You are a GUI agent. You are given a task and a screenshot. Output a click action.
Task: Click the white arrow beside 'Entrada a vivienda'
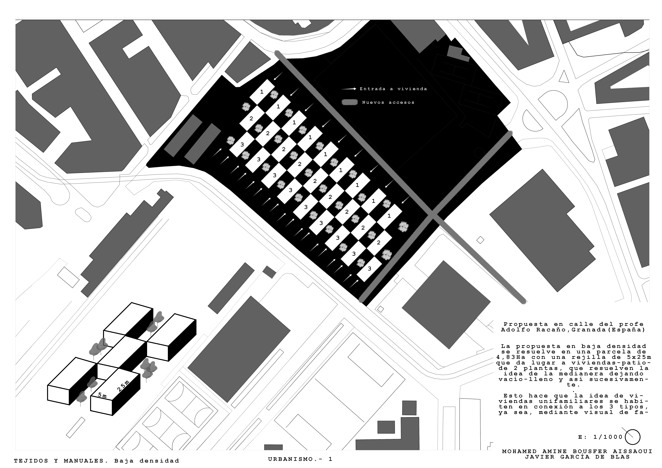[x=349, y=89]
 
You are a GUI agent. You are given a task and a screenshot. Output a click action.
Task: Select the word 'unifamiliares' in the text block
[x=565, y=401]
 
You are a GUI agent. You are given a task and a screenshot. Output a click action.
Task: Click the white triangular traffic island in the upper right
[x=564, y=77]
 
